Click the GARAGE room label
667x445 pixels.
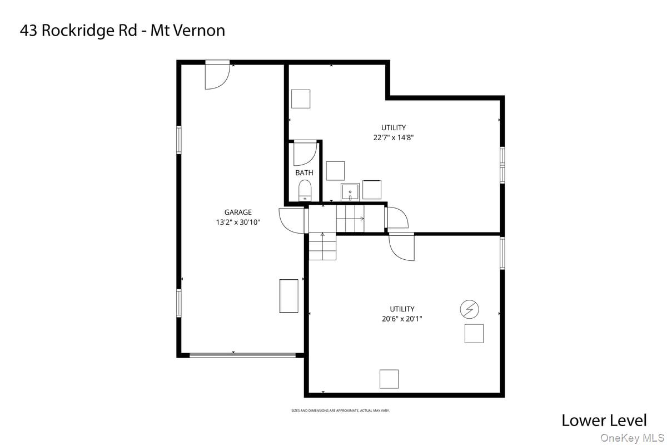238,212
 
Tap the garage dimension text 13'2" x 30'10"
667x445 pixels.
238,222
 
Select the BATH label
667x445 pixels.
304,172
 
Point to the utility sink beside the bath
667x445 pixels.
350,192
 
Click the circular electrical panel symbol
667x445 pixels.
469,309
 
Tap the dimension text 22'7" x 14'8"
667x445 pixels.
394,138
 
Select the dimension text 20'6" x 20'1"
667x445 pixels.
402,319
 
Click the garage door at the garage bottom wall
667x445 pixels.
242,355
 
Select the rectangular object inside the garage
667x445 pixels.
288,296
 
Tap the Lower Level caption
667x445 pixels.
604,421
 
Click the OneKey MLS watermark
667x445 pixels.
632,438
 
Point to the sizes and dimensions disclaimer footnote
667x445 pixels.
340,411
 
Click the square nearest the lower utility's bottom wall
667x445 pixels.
389,379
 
